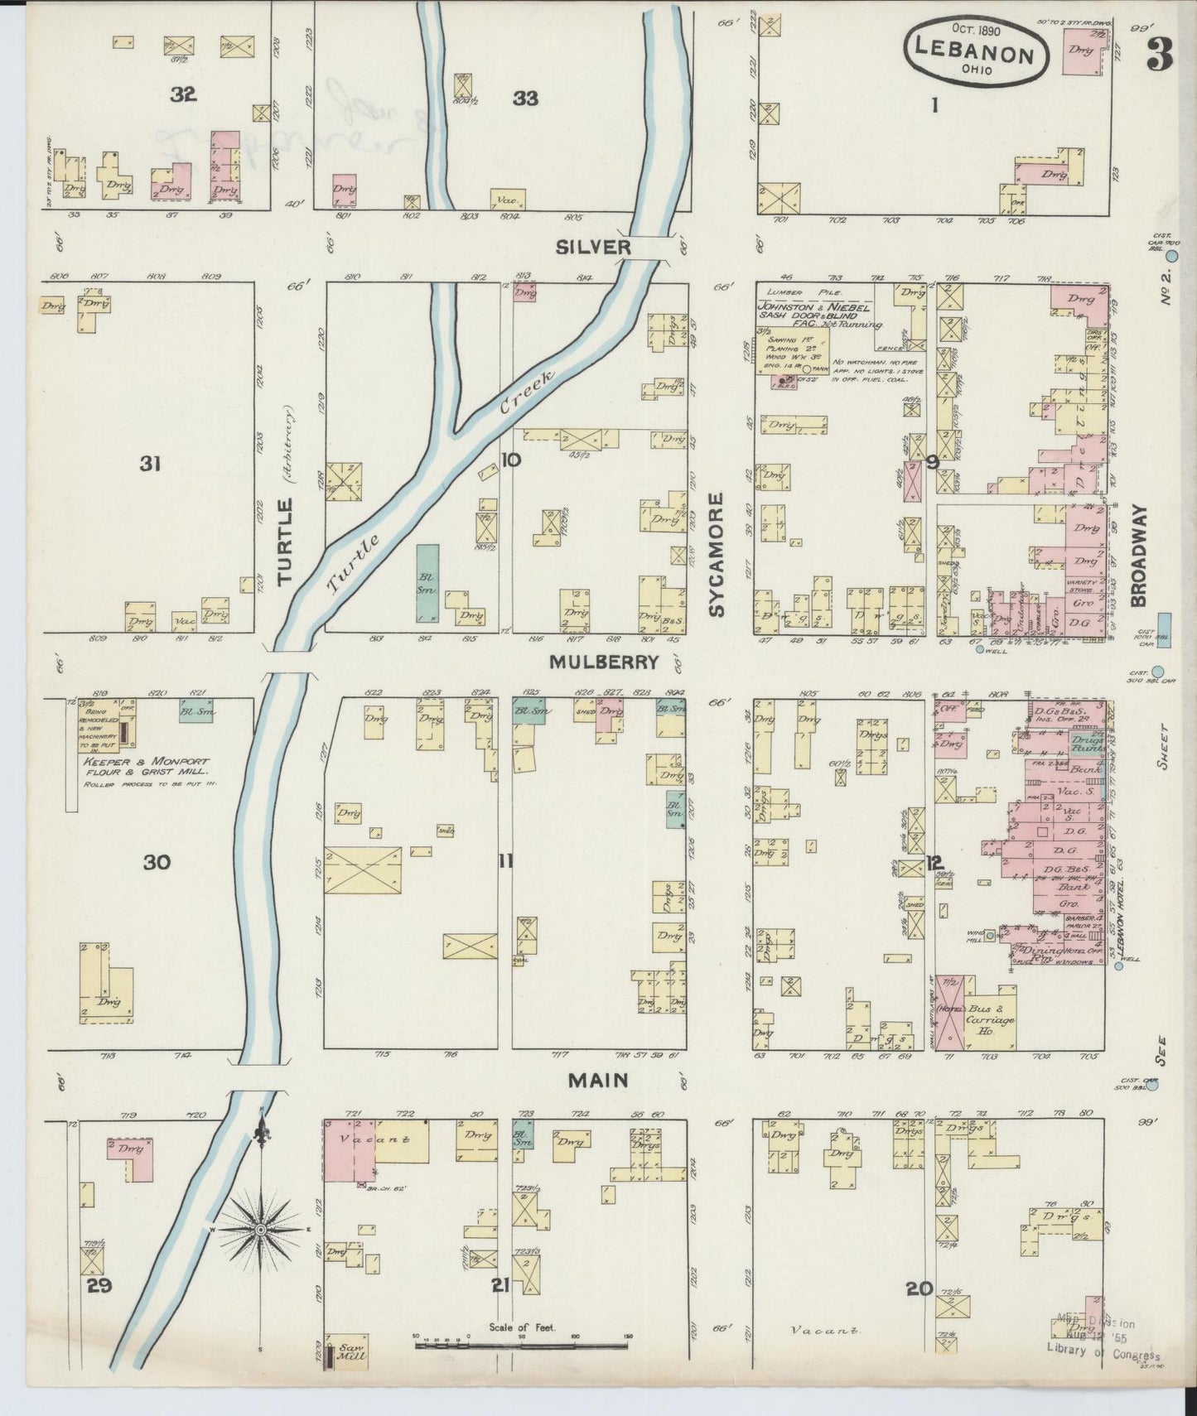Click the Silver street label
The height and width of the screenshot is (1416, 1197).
(593, 247)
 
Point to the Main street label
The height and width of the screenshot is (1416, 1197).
(598, 1080)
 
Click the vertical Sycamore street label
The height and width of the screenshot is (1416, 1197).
(717, 555)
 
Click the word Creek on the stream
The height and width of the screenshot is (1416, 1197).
(525, 393)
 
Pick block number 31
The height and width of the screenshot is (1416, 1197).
(149, 464)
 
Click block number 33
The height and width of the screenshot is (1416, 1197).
(525, 99)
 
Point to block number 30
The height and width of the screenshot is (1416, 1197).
(156, 863)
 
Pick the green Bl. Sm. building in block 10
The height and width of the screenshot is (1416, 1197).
(427, 583)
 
